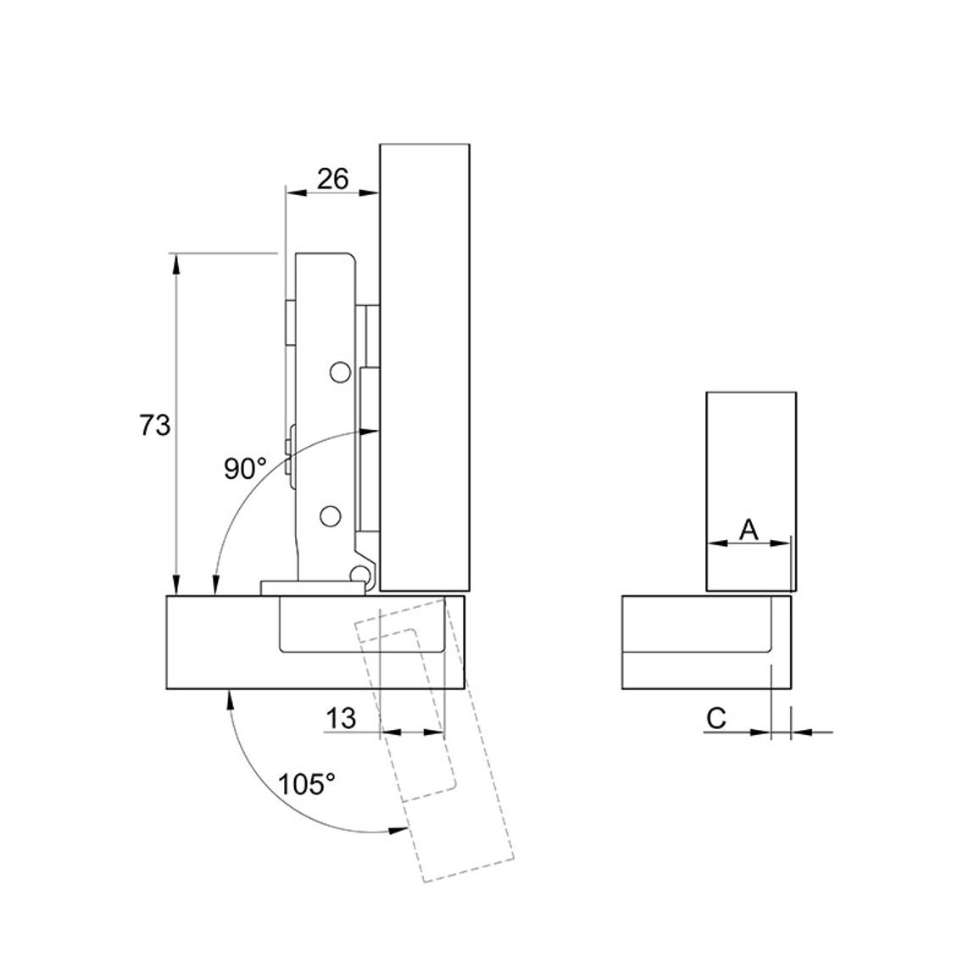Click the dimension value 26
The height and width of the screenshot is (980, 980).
pos(332,179)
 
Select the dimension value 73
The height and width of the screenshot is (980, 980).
pos(154,425)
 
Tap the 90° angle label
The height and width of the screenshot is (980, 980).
pos(245,469)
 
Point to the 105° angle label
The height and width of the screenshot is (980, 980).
pos(306,784)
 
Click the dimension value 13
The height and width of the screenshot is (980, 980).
pos(342,718)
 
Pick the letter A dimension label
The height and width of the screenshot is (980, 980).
pos(748,530)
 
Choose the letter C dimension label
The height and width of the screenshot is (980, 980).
pos(716,718)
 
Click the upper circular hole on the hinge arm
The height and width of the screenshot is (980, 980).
pos(339,372)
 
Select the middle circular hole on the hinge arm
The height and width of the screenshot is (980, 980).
pos(330,516)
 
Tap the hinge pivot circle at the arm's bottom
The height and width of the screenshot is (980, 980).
pos(360,575)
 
